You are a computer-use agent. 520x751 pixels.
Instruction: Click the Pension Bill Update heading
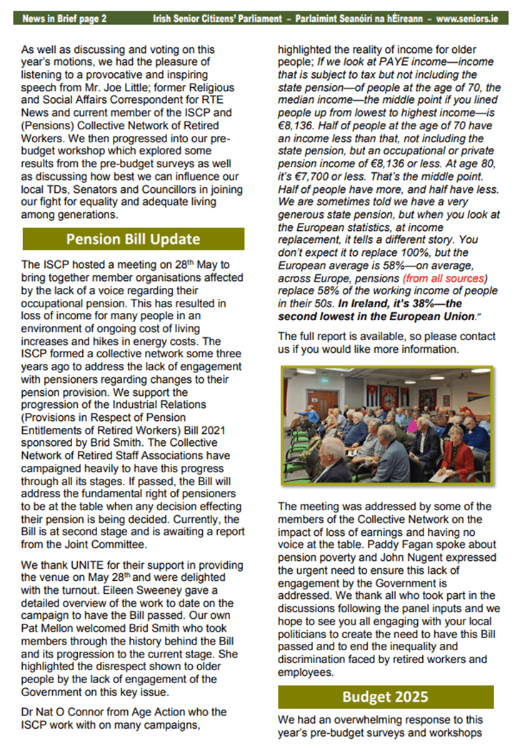[x=133, y=239]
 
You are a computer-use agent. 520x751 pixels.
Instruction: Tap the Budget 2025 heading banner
[x=385, y=697]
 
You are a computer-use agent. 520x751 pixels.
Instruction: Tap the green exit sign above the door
[x=325, y=378]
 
